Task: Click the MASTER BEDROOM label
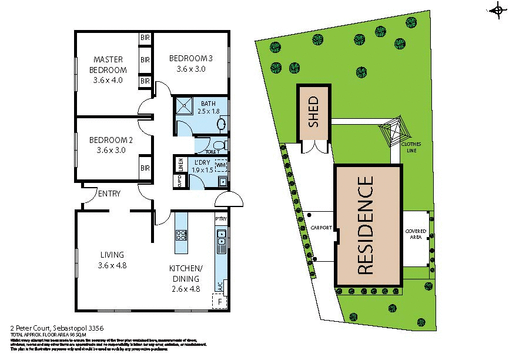point(108,70)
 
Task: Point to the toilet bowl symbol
point(220,145)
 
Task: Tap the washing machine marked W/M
point(221,166)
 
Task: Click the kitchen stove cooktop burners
point(182,236)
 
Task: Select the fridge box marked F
point(220,302)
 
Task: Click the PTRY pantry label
point(221,219)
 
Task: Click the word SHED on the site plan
point(313,112)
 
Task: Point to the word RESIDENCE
point(366,226)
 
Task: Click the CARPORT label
point(322,228)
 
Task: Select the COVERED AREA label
point(416,234)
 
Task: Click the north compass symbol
point(497,9)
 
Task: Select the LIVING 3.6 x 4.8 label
point(112,259)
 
